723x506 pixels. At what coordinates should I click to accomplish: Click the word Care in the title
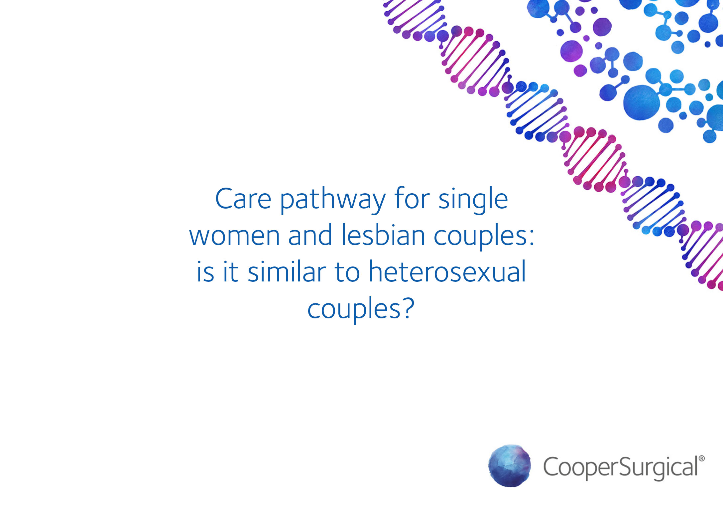point(243,199)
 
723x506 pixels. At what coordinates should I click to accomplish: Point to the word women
point(234,236)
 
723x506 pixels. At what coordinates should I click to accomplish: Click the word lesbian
point(383,235)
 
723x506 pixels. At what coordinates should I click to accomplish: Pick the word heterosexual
point(447,272)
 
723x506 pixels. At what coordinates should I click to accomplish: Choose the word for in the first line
point(412,199)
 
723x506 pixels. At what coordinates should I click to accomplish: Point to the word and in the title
point(310,235)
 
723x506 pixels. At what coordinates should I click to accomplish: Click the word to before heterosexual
point(347,272)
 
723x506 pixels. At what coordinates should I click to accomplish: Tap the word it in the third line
point(230,272)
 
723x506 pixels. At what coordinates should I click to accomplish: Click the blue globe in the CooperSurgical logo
point(509,466)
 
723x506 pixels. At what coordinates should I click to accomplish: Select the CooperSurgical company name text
point(620,467)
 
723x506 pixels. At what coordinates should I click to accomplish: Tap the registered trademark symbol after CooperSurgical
point(701,459)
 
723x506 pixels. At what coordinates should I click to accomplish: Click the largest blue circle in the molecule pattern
point(641,102)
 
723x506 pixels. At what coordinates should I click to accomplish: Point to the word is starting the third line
point(205,272)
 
